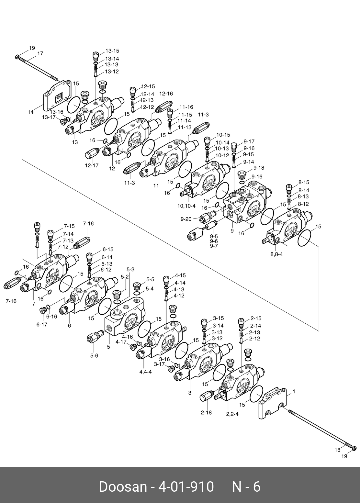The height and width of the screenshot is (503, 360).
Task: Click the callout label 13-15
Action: click(x=112, y=51)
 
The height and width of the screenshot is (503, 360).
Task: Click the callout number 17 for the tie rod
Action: click(x=40, y=54)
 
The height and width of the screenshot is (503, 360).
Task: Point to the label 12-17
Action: click(x=92, y=165)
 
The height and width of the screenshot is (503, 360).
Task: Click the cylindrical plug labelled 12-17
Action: click(x=92, y=152)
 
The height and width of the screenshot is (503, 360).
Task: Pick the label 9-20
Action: click(x=186, y=219)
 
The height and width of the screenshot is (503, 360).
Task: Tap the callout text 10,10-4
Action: click(x=186, y=206)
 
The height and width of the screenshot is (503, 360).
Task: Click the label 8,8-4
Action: click(x=276, y=254)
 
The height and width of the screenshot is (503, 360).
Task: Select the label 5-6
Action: click(x=94, y=355)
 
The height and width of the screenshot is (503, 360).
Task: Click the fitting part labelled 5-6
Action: click(x=94, y=337)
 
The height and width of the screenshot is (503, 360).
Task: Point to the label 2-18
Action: click(x=206, y=412)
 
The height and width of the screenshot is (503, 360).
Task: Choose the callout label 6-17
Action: click(x=42, y=324)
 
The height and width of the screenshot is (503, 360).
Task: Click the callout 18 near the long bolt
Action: click(x=337, y=450)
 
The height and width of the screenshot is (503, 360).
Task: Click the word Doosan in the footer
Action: click(x=122, y=486)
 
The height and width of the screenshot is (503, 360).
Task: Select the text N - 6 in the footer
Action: click(x=246, y=486)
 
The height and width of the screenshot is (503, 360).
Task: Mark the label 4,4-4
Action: click(x=146, y=372)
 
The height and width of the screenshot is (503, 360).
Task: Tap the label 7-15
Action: click(x=69, y=226)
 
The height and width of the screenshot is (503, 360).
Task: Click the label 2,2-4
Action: click(x=233, y=414)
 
